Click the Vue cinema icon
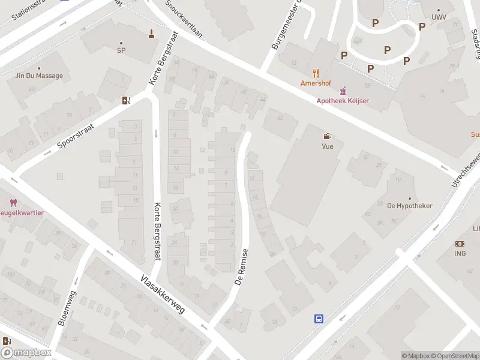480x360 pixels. coord(327,137)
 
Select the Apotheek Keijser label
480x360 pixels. coord(343,101)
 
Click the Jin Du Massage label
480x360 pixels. coord(38,76)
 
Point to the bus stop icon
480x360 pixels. coord(319,319)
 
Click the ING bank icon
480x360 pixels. coord(460,244)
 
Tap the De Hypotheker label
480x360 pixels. coord(410,206)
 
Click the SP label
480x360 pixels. coord(121,51)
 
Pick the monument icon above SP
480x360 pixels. coord(152,34)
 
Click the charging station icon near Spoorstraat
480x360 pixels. coord(126,101)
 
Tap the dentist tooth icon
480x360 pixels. coord(13,203)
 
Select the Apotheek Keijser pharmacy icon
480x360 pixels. coord(343,91)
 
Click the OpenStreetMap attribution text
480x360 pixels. coord(454,356)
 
